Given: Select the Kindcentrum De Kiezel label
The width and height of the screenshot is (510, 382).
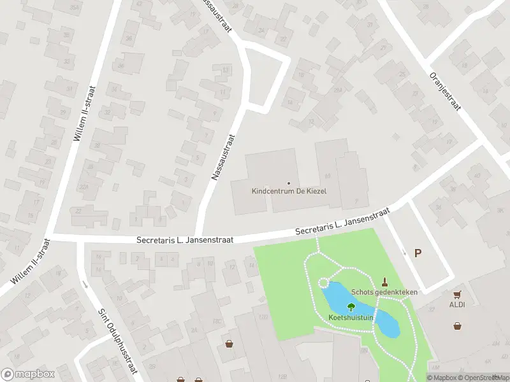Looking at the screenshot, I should [289, 191].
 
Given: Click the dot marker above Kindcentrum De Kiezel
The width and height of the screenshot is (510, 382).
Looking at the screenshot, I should [289, 183].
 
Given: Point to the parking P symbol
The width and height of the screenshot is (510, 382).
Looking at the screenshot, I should [418, 253].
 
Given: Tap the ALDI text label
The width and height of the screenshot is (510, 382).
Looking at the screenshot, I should [457, 304].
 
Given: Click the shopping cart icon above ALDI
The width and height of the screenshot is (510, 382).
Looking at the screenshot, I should [457, 295].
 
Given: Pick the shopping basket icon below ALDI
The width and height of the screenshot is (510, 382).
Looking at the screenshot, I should [457, 326].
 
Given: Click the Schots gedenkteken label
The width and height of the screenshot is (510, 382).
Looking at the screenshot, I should [384, 292].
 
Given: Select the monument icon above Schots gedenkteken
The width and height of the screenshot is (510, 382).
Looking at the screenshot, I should [384, 282].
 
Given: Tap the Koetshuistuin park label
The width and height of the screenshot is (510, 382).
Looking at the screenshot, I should [351, 317].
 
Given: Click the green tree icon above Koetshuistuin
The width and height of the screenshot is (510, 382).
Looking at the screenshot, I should [350, 306].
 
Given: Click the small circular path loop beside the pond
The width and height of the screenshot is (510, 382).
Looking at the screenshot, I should [323, 283].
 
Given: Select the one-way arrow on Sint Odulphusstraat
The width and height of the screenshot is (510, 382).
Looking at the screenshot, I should [85, 285].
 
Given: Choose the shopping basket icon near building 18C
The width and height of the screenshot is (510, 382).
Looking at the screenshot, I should [229, 344].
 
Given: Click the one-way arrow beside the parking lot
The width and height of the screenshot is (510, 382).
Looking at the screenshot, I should [404, 251].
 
